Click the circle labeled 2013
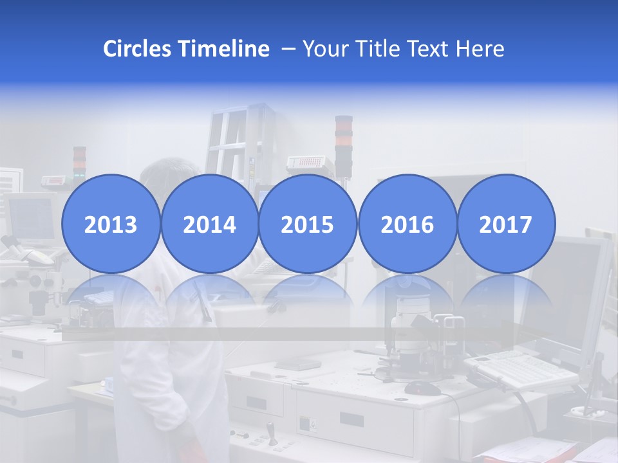111,223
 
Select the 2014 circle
209,223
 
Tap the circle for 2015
308,223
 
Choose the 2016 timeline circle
407,223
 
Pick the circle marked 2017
506,223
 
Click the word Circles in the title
136,49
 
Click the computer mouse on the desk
422,387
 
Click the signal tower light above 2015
344,145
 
